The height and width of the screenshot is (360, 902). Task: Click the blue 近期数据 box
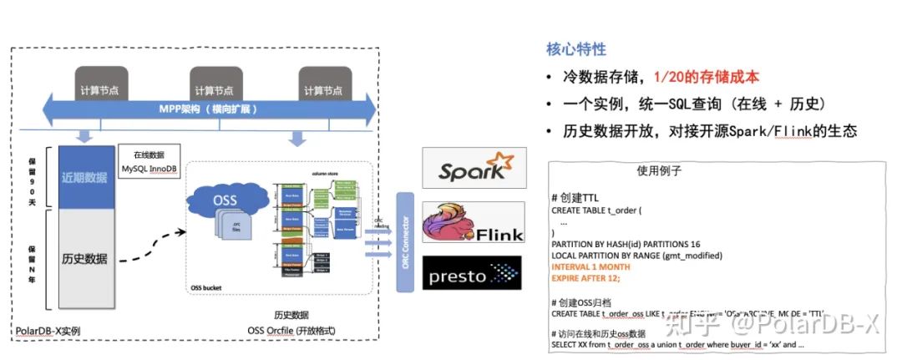(84, 178)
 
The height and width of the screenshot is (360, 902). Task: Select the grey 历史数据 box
(84, 258)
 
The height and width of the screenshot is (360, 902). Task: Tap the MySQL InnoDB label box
(147, 162)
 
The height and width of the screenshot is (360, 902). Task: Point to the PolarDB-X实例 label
(48, 332)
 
